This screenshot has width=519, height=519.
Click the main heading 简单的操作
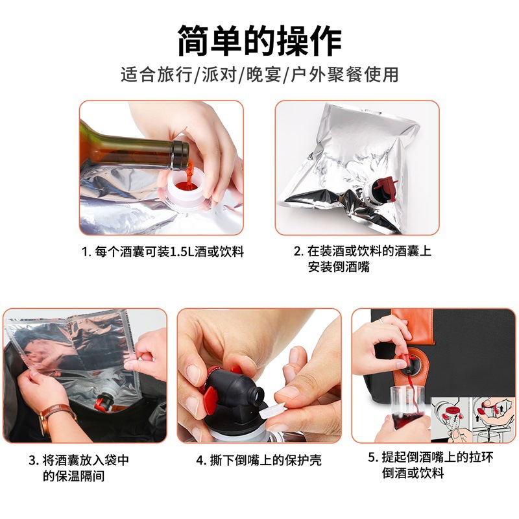259,40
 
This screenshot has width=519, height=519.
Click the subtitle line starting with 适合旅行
259,75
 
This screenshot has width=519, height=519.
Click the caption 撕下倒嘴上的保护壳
259,461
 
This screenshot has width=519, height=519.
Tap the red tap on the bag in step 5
402,360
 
